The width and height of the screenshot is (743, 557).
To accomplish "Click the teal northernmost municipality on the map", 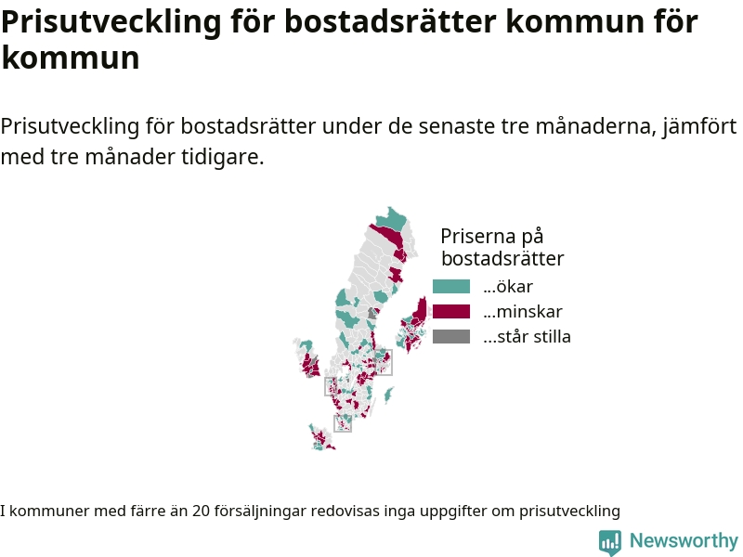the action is [x=392, y=219].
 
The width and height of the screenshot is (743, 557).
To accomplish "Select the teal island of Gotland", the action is [x=388, y=395].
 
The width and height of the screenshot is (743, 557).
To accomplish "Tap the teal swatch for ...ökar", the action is [x=451, y=287].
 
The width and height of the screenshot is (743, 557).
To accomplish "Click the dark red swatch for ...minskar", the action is [x=451, y=312].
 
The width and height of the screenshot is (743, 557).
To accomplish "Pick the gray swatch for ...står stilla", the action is [x=451, y=337].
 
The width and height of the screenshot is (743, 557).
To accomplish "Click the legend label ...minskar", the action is [x=523, y=312].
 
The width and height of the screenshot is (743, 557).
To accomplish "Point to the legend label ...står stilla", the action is [x=527, y=337].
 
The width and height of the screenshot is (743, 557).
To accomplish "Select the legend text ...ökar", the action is [x=508, y=287].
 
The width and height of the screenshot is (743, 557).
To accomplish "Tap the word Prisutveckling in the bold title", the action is [x=111, y=21].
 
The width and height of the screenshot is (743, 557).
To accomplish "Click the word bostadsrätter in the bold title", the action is [x=390, y=21].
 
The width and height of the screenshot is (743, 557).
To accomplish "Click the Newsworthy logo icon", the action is [x=610, y=542].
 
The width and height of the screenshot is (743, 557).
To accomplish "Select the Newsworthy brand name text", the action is [x=684, y=540].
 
